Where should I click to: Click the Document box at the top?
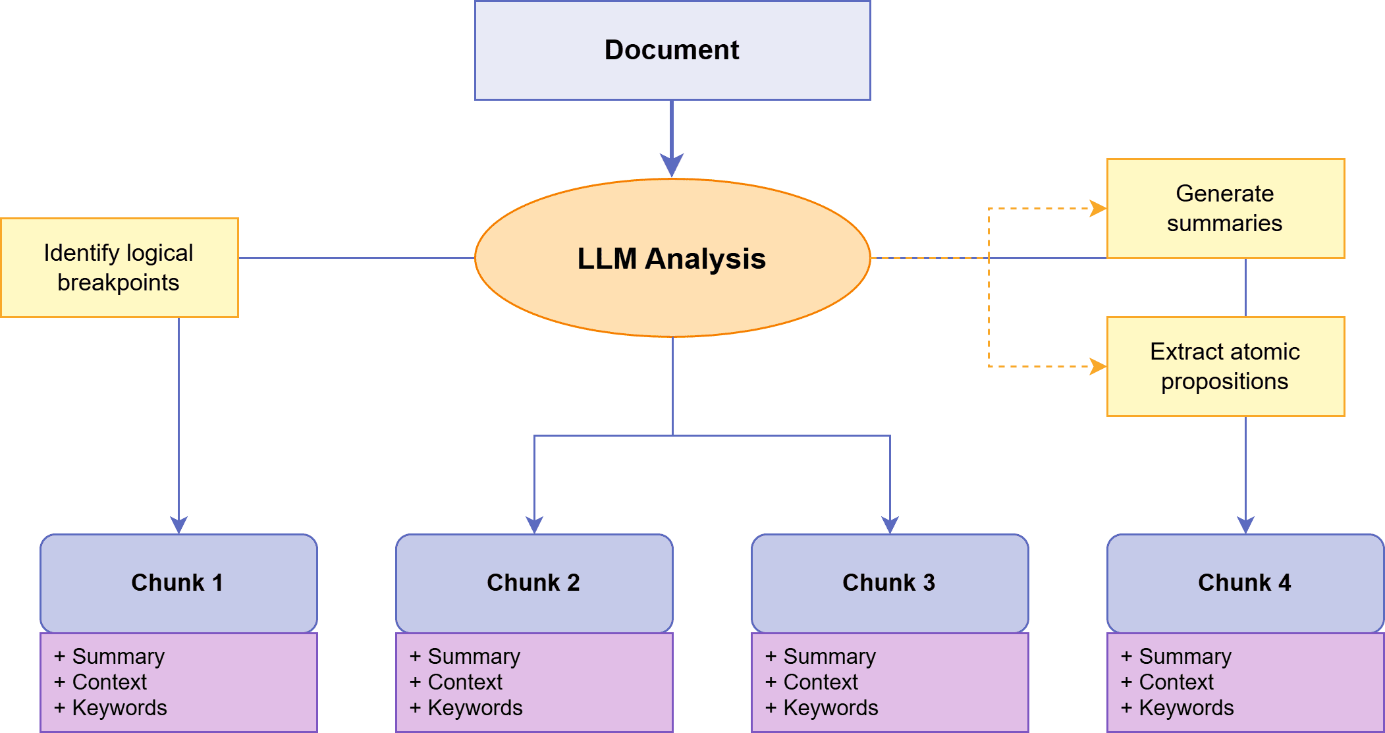point(672,50)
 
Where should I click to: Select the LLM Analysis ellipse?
point(672,258)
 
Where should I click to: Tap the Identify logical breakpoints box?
point(119,267)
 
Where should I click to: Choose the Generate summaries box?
point(1225,208)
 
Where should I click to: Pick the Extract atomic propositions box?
point(1225,366)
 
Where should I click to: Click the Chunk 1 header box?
point(178,583)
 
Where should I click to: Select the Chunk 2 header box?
point(533,583)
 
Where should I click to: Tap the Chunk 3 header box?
point(889,583)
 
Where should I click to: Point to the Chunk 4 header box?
point(1245,583)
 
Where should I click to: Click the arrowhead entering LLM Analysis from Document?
point(672,165)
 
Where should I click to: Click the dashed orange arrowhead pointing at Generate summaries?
point(1098,209)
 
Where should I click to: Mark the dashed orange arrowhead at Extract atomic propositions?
point(1098,366)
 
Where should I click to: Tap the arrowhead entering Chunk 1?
point(178,525)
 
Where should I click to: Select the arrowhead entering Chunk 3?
point(890,525)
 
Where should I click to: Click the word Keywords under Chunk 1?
point(119,708)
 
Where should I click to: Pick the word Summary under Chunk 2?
point(474,657)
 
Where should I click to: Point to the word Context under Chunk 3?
point(821,682)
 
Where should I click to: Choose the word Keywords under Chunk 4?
point(1186,708)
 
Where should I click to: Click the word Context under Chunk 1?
point(109,682)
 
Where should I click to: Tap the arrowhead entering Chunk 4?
point(1245,525)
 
